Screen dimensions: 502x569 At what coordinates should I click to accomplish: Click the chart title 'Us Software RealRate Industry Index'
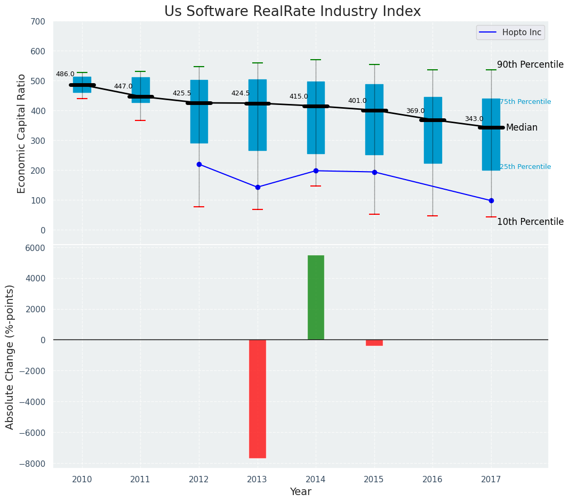tap(292, 12)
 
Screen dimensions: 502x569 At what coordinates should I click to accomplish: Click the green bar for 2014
tap(316, 297)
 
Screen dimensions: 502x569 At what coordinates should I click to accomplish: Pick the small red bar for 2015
tap(374, 343)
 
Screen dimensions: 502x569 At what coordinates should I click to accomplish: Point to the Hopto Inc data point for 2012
tap(199, 164)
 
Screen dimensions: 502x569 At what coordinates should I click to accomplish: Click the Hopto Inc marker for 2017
tap(491, 200)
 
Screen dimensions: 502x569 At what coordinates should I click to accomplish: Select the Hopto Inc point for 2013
tap(258, 187)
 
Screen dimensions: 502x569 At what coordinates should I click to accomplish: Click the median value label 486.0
tap(65, 74)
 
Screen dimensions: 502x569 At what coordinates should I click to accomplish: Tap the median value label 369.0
tap(415, 111)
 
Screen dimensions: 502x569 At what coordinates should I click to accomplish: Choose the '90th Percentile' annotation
tap(530, 64)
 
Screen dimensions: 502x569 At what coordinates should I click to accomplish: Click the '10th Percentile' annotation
tap(530, 222)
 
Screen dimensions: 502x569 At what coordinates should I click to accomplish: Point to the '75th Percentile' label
tap(525, 102)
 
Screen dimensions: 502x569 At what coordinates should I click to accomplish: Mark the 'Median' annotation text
tap(522, 128)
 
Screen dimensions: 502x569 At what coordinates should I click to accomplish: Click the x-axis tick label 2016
tap(432, 479)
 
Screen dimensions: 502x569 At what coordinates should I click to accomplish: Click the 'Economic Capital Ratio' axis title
tap(22, 133)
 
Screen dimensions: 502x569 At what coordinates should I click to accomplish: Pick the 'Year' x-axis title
tap(300, 492)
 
